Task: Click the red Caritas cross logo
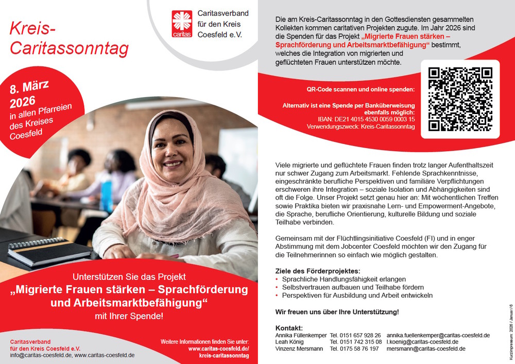pyautogui.click(x=182, y=24)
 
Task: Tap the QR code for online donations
pyautogui.click(x=460, y=99)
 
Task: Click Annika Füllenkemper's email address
pyautogui.click(x=438, y=335)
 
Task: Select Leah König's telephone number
pyautogui.click(x=355, y=342)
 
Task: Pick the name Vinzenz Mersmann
pyautogui.click(x=299, y=349)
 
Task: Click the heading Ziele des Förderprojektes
pyautogui.click(x=318, y=271)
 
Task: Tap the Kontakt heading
pyautogui.click(x=289, y=328)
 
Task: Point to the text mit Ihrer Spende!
pyautogui.click(x=129, y=316)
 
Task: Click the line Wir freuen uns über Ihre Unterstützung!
pyautogui.click(x=337, y=312)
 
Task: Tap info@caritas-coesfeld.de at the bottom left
pyautogui.click(x=41, y=355)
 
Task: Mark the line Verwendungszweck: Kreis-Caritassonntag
pyautogui.click(x=360, y=126)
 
